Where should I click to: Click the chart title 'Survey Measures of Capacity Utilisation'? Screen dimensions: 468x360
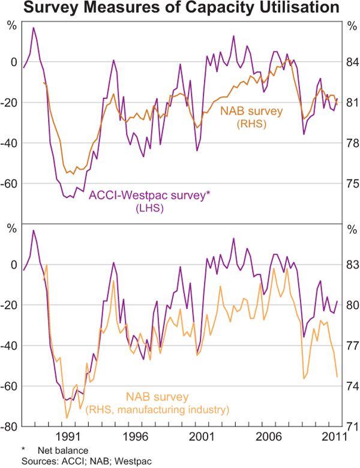(180, 10)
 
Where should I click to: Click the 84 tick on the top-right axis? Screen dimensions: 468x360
(351, 62)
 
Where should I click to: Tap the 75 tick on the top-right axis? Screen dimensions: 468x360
(351, 184)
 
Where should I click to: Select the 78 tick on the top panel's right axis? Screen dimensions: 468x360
(351, 143)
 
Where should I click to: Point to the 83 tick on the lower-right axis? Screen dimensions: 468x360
(351, 265)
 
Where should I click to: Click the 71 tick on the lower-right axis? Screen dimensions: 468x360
(351, 427)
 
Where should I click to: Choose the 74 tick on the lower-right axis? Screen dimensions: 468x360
(351, 386)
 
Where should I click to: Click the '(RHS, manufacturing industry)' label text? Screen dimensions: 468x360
(158, 410)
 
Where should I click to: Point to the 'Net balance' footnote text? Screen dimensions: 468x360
(62, 450)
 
